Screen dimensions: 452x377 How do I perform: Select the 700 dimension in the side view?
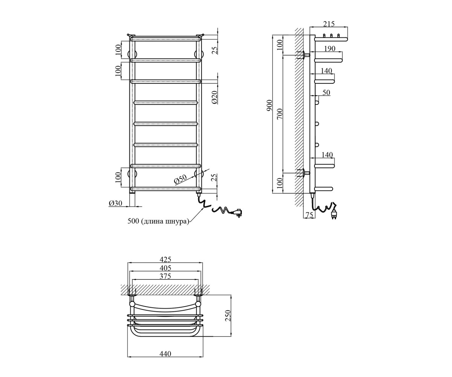pyautogui.click(x=280, y=113)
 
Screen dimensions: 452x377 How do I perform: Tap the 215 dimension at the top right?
pyautogui.click(x=329, y=24)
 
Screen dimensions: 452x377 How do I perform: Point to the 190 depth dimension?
pyautogui.click(x=330, y=49)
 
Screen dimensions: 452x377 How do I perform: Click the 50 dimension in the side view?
pyautogui.click(x=326, y=92)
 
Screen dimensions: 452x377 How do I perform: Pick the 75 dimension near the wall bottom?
pyautogui.click(x=309, y=215)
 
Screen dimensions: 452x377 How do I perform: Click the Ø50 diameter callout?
pyautogui.click(x=180, y=179)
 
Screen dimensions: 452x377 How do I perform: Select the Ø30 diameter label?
pyautogui.click(x=116, y=203)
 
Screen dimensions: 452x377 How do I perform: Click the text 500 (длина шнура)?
pyautogui.click(x=158, y=221)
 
